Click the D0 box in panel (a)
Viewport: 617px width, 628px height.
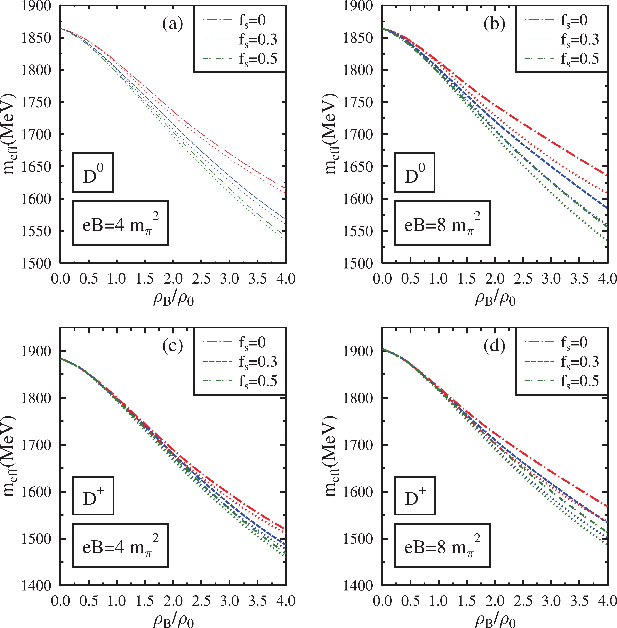(x=93, y=173)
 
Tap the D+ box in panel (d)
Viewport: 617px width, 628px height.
(x=415, y=496)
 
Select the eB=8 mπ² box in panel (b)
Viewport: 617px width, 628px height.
(x=442, y=223)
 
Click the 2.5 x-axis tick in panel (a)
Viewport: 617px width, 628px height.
(x=201, y=279)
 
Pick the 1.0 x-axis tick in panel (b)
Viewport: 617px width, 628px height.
(x=439, y=279)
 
